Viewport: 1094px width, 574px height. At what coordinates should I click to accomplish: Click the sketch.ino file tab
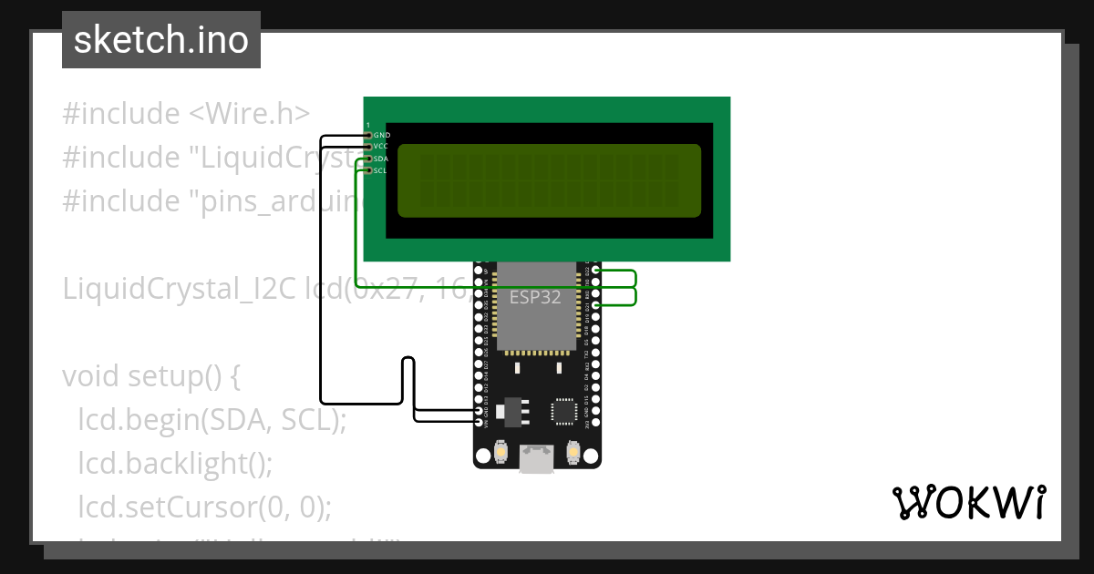161,40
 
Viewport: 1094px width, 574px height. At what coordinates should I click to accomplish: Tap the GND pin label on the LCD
382,135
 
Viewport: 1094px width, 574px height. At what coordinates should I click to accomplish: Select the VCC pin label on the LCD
381,147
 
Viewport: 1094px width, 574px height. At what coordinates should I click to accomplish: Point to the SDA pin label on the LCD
381,159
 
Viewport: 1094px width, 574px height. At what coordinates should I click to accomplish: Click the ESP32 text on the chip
535,297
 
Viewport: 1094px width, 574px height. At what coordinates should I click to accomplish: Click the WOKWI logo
968,502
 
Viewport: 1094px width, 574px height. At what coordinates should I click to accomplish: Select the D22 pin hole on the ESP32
595,271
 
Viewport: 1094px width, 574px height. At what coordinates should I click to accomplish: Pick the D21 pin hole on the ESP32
595,305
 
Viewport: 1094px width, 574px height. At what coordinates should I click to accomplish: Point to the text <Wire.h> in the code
249,114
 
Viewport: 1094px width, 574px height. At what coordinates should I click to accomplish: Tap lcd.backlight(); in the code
175,463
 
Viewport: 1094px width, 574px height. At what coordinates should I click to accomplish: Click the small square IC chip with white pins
564,412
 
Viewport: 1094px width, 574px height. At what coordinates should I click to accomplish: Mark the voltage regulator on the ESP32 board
517,410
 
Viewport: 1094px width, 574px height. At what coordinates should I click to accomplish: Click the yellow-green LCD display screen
550,180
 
